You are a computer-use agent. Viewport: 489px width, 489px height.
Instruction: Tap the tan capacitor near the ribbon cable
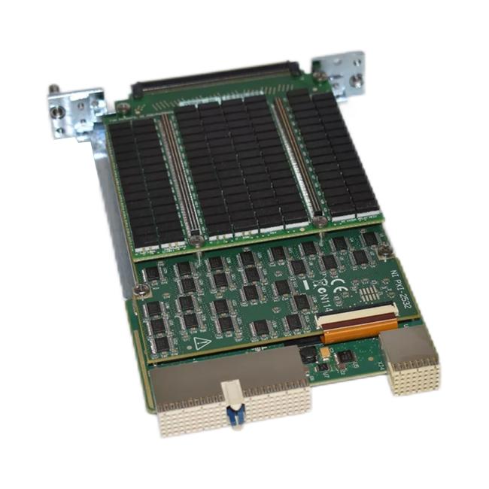(x=324, y=351)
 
